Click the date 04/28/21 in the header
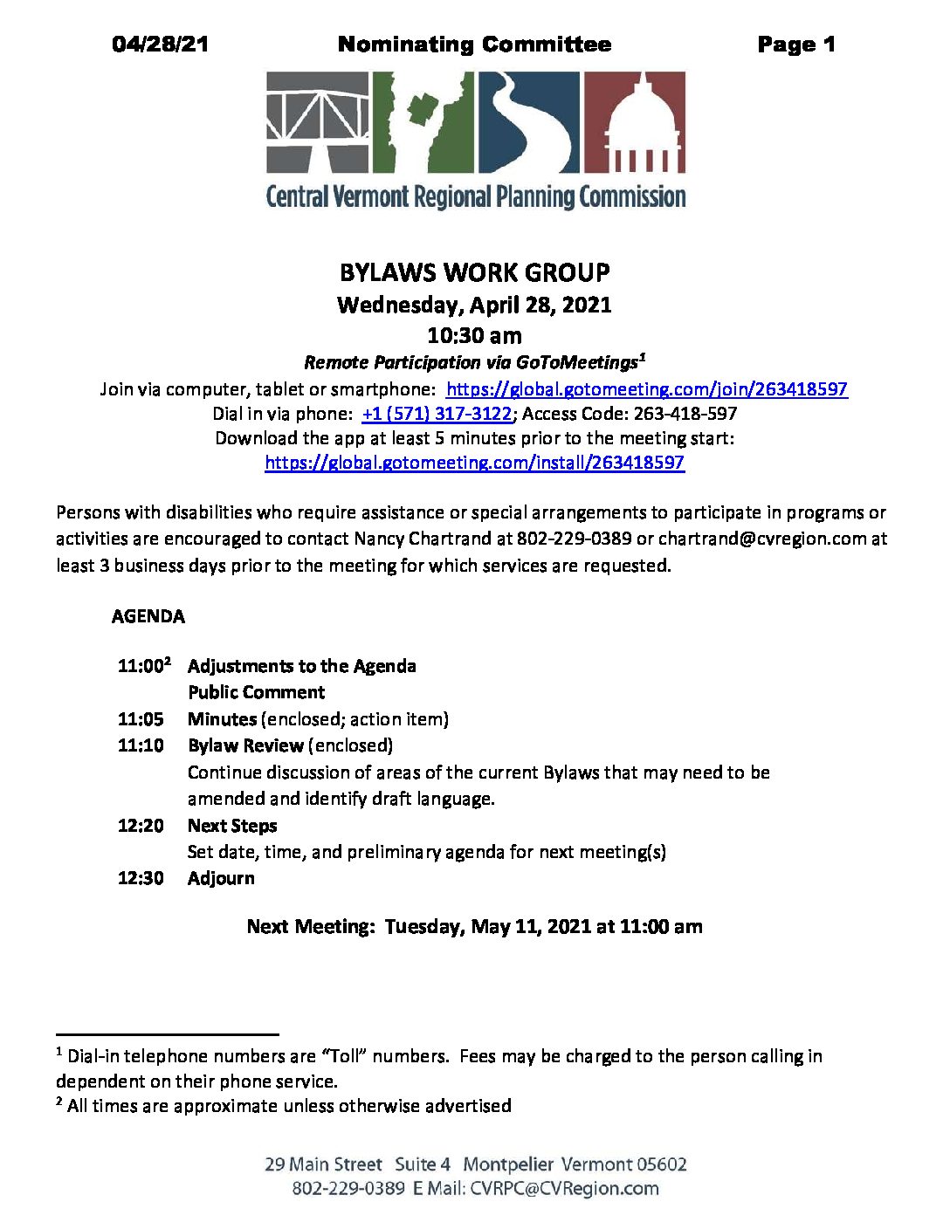(x=161, y=45)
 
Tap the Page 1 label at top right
(x=795, y=45)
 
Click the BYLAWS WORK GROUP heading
(x=474, y=272)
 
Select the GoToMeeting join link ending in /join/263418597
(x=646, y=389)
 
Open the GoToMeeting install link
(x=474, y=463)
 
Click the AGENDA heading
(x=148, y=616)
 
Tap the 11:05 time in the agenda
(x=141, y=719)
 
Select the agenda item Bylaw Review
(x=245, y=745)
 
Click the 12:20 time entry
(x=141, y=826)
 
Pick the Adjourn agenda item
(x=221, y=878)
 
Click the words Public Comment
(x=256, y=692)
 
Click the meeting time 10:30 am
(x=474, y=335)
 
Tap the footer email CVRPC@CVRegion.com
(x=564, y=1189)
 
